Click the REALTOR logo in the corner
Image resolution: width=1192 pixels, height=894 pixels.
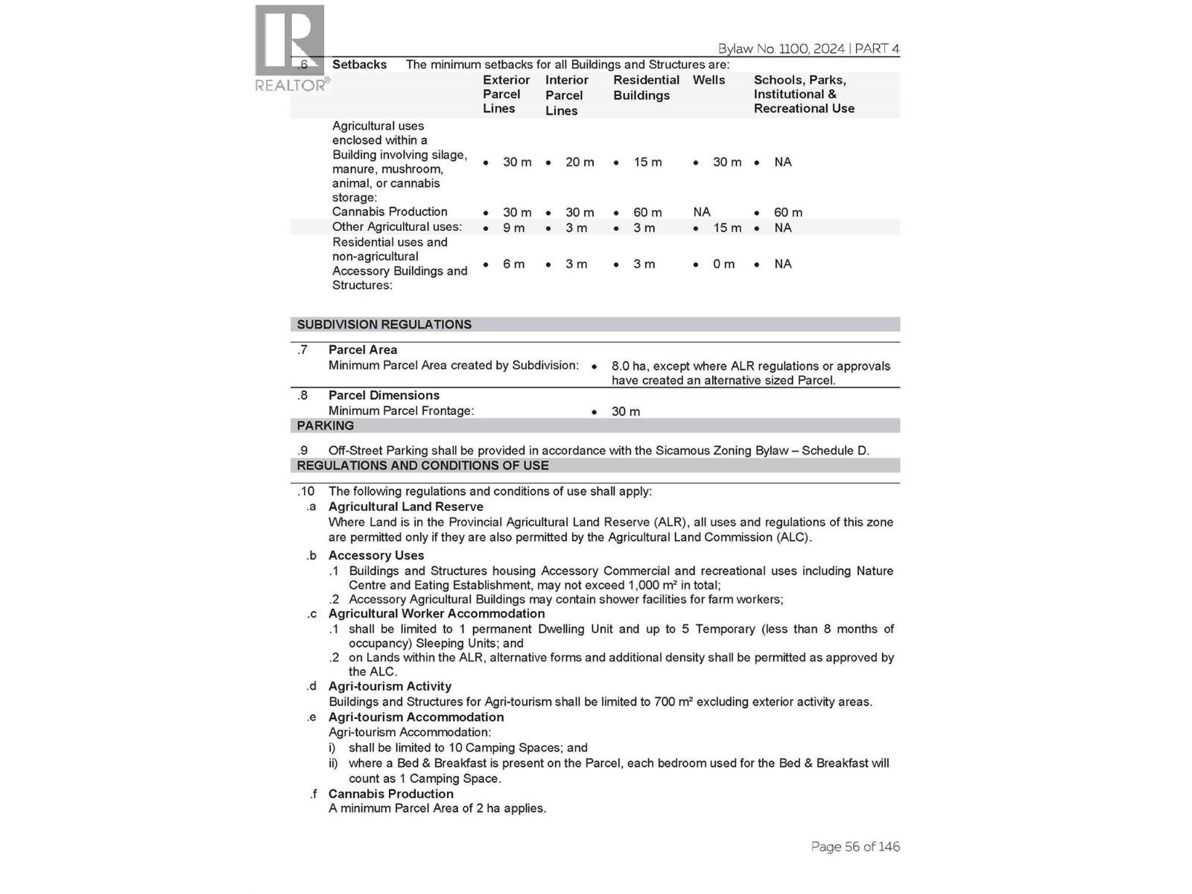click(x=290, y=48)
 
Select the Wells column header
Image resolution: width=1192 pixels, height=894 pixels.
click(x=708, y=80)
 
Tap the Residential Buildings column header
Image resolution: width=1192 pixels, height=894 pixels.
click(x=646, y=88)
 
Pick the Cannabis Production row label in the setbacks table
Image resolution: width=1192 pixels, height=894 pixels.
click(x=390, y=212)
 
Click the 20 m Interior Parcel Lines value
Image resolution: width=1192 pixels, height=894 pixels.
click(x=579, y=162)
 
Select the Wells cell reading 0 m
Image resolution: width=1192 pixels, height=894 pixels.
click(x=723, y=264)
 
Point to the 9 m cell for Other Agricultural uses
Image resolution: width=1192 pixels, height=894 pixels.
click(x=513, y=228)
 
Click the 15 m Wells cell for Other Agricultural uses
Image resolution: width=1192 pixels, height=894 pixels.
click(x=726, y=228)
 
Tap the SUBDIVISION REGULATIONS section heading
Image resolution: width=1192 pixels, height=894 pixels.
click(x=384, y=325)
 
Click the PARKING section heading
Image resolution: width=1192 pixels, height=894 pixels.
click(x=326, y=426)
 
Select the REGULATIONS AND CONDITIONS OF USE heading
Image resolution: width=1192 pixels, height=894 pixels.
click(x=422, y=466)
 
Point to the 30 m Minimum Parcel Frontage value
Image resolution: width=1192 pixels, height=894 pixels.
click(x=625, y=412)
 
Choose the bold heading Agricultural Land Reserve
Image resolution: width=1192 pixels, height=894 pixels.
click(x=405, y=507)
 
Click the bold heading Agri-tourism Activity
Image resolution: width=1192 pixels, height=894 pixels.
click(x=390, y=687)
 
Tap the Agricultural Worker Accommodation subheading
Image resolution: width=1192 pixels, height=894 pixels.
click(x=436, y=614)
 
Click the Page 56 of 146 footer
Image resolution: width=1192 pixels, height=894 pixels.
click(x=855, y=847)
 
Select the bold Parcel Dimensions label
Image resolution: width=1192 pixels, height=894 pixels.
click(x=384, y=396)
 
